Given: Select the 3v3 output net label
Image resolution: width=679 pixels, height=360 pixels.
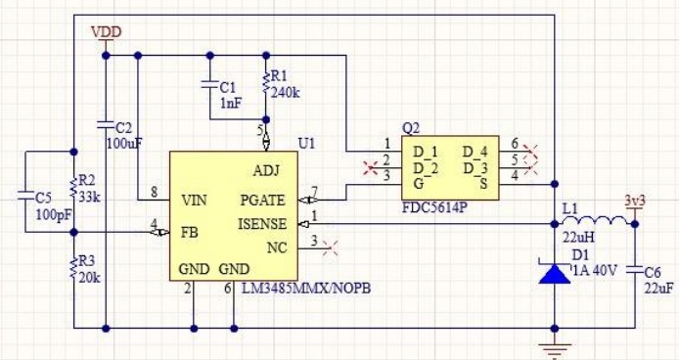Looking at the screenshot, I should coord(635,202).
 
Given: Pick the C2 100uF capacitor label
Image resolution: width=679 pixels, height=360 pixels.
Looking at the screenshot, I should coord(122,136).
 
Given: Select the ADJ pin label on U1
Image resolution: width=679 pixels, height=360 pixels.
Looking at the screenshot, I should coord(266,169).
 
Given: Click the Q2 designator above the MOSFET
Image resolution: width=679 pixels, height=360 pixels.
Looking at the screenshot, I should coord(411,128).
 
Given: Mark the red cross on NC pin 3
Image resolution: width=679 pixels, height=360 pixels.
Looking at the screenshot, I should coord(330,244).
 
